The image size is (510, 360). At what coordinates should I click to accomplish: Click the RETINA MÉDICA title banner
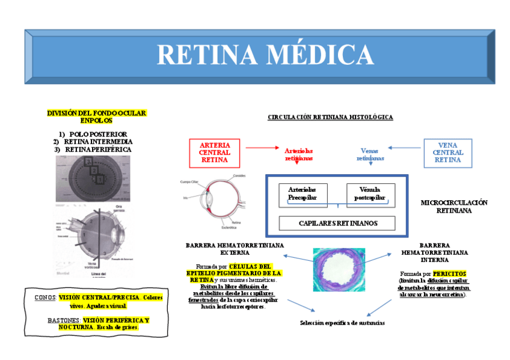(x=259, y=55)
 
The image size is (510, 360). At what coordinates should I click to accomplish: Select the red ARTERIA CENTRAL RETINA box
(x=214, y=153)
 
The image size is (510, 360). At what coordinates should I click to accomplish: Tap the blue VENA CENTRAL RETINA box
(x=447, y=153)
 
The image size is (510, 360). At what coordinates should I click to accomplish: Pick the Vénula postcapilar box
(x=370, y=193)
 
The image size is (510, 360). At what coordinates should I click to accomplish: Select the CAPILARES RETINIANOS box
(x=337, y=223)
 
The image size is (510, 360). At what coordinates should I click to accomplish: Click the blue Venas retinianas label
(x=370, y=154)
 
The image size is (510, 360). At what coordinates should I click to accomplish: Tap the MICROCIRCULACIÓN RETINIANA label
(x=454, y=206)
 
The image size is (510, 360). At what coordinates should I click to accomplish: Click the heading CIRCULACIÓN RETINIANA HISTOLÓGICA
(x=330, y=117)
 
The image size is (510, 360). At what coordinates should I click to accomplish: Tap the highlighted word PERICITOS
(x=450, y=273)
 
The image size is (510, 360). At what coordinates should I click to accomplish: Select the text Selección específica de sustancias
(x=342, y=323)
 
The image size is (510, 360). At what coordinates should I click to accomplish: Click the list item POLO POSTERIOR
(x=102, y=134)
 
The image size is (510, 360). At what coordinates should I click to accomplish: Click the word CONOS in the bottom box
(x=45, y=297)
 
